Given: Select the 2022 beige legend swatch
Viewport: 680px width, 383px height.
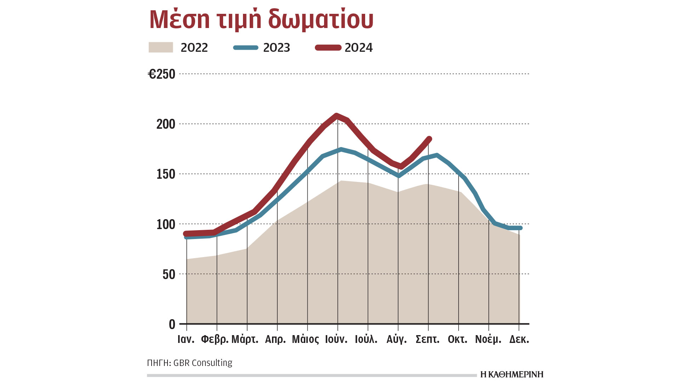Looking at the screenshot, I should pos(161,48).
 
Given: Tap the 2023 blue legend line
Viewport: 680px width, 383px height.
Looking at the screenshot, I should pos(246,48).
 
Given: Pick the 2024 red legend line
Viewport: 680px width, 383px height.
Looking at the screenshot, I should pos(328,48).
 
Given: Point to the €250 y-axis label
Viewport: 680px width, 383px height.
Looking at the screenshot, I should pos(161,74).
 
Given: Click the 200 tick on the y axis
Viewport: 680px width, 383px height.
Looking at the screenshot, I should pos(166,124).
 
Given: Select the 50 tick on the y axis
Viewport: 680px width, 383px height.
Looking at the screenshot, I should pos(169,274).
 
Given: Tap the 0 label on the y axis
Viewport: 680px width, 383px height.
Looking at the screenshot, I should pos(172,324).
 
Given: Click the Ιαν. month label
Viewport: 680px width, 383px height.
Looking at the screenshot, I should pos(186,339).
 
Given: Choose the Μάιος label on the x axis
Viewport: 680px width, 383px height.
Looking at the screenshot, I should pos(305,339).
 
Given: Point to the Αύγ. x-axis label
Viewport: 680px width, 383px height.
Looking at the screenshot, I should pos(397,339).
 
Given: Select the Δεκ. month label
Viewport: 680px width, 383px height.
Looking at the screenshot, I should pos(519,339).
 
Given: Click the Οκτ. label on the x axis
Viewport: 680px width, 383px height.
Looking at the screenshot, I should pos(458,339).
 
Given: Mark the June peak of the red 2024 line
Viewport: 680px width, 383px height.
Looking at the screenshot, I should pos(336,115).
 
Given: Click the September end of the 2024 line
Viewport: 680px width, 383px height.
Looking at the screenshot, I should pos(429,139).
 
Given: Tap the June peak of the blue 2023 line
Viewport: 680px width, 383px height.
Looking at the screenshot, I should pos(340,149).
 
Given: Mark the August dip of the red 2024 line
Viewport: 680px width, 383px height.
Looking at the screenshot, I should pos(401,166).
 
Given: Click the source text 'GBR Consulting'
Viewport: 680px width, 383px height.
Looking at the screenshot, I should pos(203,363).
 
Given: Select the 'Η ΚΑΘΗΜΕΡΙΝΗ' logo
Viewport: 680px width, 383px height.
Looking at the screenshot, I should pos(512,374).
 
